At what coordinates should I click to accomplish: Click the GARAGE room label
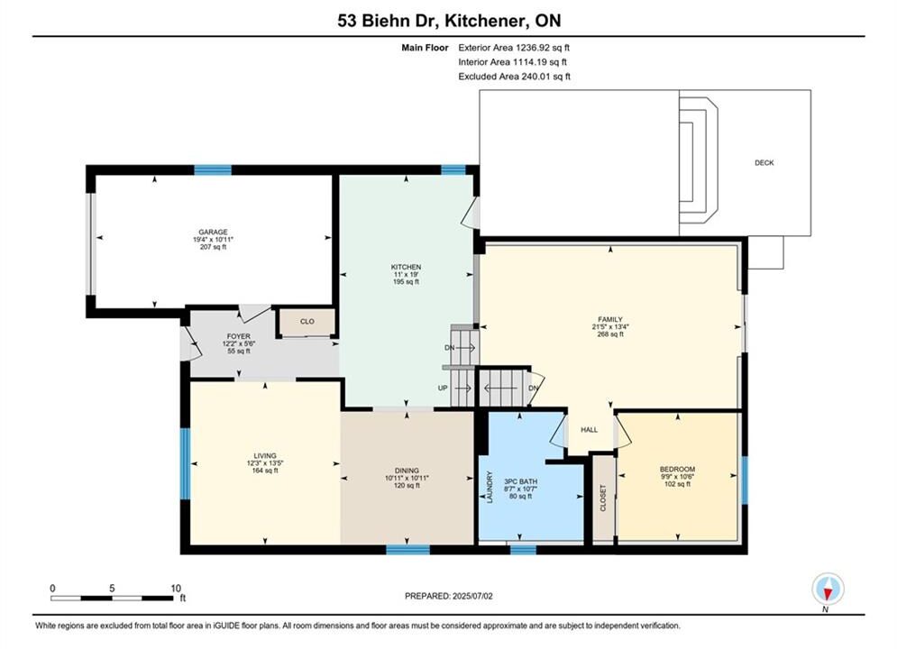pyautogui.click(x=214, y=233)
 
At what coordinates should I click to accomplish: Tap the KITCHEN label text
pyautogui.click(x=407, y=267)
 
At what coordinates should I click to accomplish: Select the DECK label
pyautogui.click(x=764, y=163)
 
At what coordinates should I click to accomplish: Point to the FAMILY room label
pyautogui.click(x=610, y=320)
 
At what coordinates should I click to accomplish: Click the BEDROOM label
pyautogui.click(x=677, y=470)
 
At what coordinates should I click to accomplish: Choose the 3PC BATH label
pyautogui.click(x=520, y=482)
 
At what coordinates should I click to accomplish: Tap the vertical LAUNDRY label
pyautogui.click(x=490, y=487)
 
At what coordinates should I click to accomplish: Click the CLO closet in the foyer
pyautogui.click(x=307, y=322)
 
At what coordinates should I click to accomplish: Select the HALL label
pyautogui.click(x=590, y=430)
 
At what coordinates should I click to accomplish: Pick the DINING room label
pyautogui.click(x=407, y=471)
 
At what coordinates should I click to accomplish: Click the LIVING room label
pyautogui.click(x=265, y=456)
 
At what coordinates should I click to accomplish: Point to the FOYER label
pyautogui.click(x=239, y=336)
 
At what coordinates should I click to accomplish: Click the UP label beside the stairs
pyautogui.click(x=443, y=388)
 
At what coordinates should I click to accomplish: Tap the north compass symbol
pyautogui.click(x=828, y=589)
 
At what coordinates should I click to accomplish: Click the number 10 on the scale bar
pyautogui.click(x=176, y=589)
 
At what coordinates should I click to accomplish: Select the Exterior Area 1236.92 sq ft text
pyautogui.click(x=514, y=48)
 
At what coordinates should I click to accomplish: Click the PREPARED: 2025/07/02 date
pyautogui.click(x=449, y=596)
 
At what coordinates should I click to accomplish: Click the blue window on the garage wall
pyautogui.click(x=213, y=169)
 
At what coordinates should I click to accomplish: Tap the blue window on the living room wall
pyautogui.click(x=185, y=463)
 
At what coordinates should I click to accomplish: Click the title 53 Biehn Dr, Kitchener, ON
pyautogui.click(x=449, y=21)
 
